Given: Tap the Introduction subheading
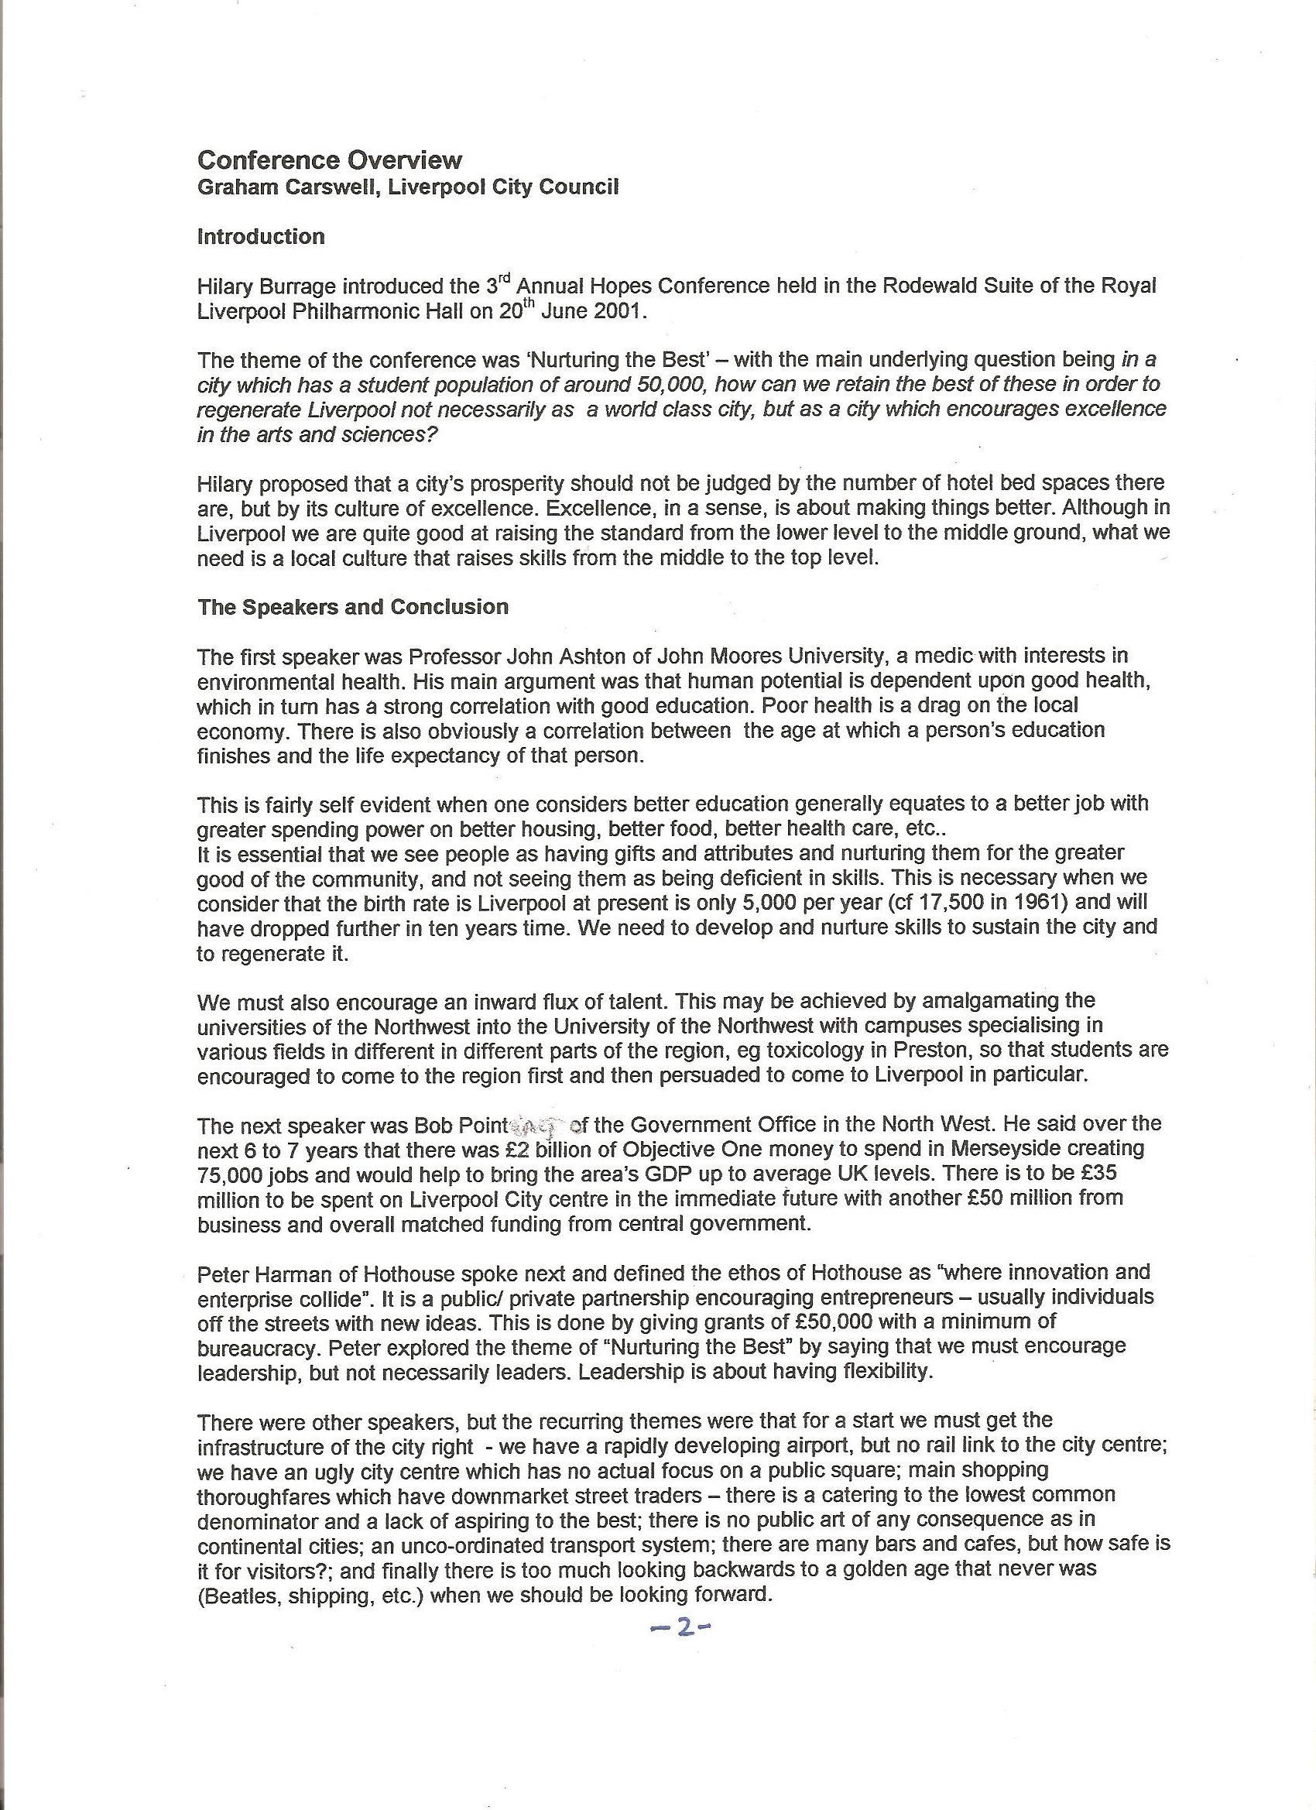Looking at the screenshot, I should coord(261,236).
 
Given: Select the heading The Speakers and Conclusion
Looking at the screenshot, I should coord(353,606).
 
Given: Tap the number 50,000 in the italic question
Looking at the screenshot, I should coord(670,384).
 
